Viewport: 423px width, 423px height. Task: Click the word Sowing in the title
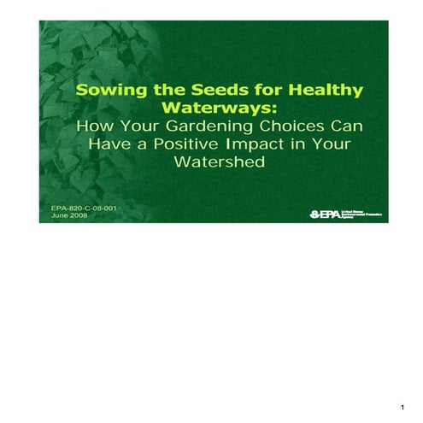pyautogui.click(x=107, y=91)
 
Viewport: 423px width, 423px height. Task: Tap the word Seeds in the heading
pyautogui.click(x=210, y=91)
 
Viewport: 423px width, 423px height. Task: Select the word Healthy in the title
pyautogui.click(x=328, y=91)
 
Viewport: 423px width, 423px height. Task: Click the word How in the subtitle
pyautogui.click(x=92, y=126)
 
